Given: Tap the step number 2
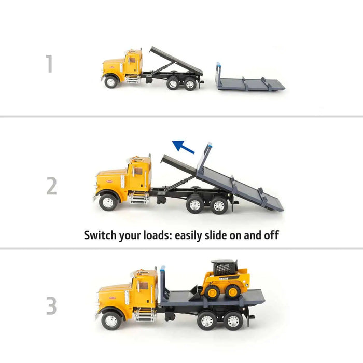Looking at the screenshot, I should point(51,186).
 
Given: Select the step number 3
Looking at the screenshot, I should point(51,306).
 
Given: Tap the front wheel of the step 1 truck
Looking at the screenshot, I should point(110,81).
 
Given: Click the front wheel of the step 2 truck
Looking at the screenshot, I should point(108,201).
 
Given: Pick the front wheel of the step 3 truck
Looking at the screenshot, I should point(111,320).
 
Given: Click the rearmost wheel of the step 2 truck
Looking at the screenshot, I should point(219,205).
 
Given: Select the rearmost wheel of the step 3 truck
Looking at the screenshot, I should point(233,320).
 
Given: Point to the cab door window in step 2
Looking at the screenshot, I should point(138,171).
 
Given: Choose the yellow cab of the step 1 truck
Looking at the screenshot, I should point(131,65).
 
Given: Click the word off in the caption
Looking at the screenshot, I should point(271,235).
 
